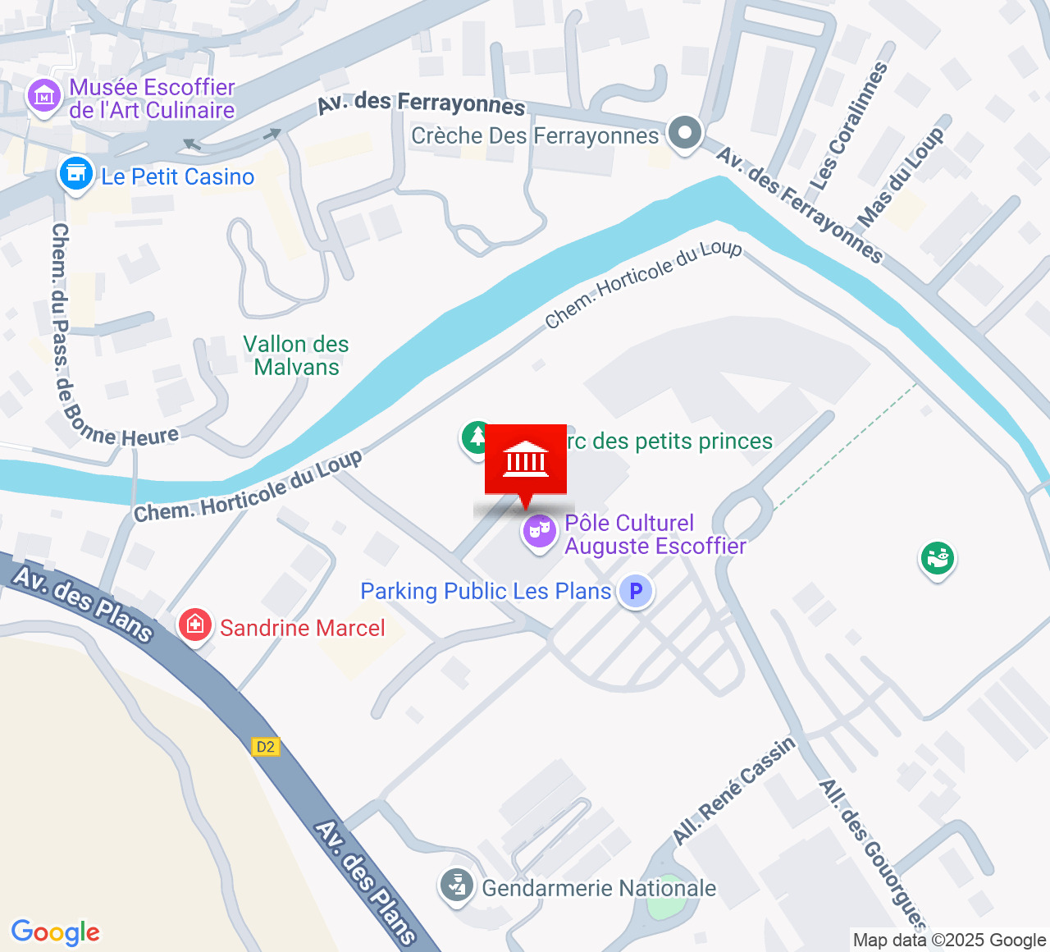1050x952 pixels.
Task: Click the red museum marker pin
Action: pyautogui.click(x=526, y=461)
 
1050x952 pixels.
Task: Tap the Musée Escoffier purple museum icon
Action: pyautogui.click(x=44, y=97)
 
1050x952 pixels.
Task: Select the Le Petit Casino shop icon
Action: pyautogui.click(x=76, y=175)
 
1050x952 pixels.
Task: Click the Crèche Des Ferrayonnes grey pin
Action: pyautogui.click(x=685, y=133)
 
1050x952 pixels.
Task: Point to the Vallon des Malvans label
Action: pyautogui.click(x=296, y=355)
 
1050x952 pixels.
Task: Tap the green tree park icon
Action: pyautogui.click(x=477, y=437)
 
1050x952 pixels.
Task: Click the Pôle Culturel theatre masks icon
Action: pyautogui.click(x=539, y=532)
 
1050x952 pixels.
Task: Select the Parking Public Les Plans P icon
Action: pyautogui.click(x=635, y=591)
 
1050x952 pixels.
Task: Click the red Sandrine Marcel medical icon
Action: pyautogui.click(x=194, y=626)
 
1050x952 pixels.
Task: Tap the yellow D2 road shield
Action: pyautogui.click(x=266, y=746)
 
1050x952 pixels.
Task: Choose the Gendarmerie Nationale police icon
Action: pyautogui.click(x=457, y=886)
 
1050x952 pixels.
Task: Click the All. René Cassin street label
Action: pyautogui.click(x=733, y=790)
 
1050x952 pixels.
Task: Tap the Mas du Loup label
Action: pyautogui.click(x=900, y=177)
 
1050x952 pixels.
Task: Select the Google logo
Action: pyautogui.click(x=55, y=932)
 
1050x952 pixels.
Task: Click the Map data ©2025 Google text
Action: pyautogui.click(x=949, y=941)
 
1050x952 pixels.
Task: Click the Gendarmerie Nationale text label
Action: pyautogui.click(x=599, y=888)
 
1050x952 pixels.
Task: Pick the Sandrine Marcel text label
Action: pyautogui.click(x=302, y=628)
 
